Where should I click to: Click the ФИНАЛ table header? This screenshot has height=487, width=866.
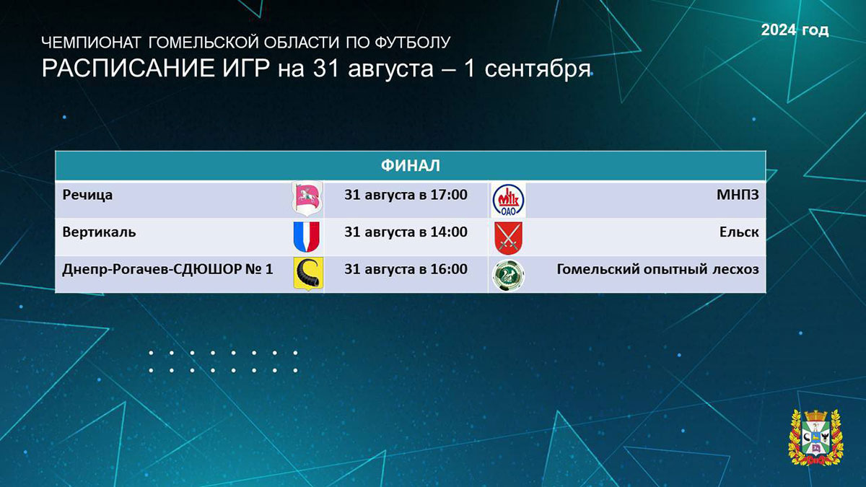click(x=410, y=165)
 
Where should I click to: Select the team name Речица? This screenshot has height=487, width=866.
click(x=87, y=195)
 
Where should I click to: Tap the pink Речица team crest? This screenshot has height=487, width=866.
click(x=307, y=198)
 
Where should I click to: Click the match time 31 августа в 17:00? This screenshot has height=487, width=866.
click(x=406, y=195)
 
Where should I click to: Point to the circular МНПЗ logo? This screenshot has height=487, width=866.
click(x=508, y=201)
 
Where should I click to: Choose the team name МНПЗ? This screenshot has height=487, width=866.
click(x=738, y=195)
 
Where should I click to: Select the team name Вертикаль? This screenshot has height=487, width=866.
click(x=99, y=232)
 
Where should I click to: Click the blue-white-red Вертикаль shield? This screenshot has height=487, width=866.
click(x=306, y=237)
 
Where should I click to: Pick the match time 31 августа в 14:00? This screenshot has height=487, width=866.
click(x=406, y=232)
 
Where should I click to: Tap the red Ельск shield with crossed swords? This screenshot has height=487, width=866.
click(x=508, y=238)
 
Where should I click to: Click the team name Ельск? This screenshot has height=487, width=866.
click(x=739, y=232)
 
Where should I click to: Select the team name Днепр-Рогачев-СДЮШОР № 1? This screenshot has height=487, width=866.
click(x=167, y=269)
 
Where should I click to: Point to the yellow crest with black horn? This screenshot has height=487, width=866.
click(x=308, y=273)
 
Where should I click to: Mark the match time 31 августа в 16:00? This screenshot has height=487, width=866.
click(x=406, y=269)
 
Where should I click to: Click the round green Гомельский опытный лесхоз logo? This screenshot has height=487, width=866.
click(x=508, y=275)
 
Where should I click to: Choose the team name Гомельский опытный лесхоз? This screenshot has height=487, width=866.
click(x=657, y=269)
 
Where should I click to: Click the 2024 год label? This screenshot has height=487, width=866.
click(x=795, y=30)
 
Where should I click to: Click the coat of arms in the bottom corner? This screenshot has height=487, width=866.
click(x=815, y=437)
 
